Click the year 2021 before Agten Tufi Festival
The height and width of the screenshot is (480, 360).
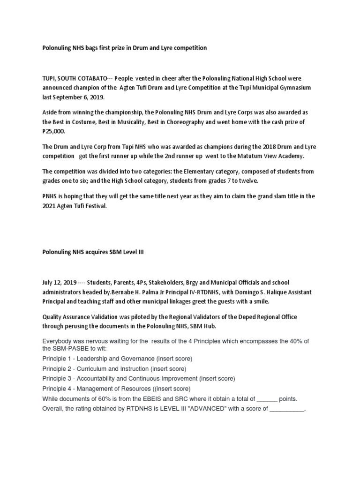(49, 206)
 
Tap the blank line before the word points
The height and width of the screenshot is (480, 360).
(268, 399)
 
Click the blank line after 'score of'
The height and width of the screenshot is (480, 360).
(287, 409)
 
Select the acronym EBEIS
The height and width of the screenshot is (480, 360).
(148, 399)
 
